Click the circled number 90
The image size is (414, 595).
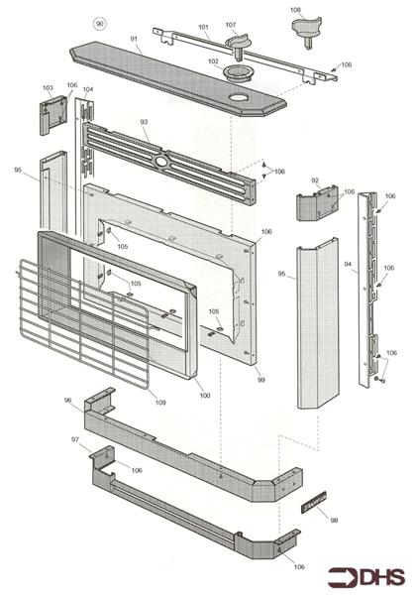(99, 24)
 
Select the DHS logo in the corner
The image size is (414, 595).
(365, 577)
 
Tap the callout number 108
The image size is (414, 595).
(295, 10)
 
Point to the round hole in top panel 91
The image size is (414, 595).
(238, 98)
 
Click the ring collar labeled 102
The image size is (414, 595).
(238, 71)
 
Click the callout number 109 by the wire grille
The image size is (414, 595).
(160, 403)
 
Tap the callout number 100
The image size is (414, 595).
(205, 396)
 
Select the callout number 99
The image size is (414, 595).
(260, 380)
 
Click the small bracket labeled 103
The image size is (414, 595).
(53, 115)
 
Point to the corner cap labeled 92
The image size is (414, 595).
(317, 202)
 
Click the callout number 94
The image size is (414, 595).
(348, 265)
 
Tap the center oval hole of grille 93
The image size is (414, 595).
(161, 162)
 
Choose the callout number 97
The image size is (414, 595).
(75, 439)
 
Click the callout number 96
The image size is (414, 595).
(68, 401)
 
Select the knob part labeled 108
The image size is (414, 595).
(306, 32)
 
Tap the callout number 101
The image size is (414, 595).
(203, 27)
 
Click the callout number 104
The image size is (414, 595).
(88, 89)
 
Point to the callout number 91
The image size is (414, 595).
(134, 39)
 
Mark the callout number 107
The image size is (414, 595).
(231, 25)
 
